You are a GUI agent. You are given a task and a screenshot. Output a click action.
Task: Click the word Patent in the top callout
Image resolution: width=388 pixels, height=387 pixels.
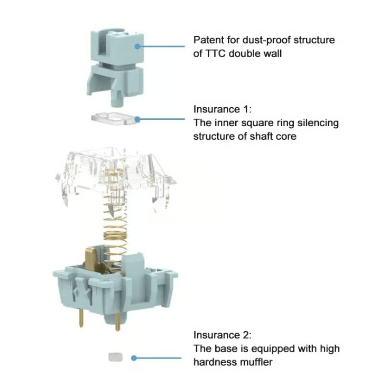pos(208,40)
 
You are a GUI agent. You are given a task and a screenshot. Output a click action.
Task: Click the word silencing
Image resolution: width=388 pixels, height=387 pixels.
pos(317,123)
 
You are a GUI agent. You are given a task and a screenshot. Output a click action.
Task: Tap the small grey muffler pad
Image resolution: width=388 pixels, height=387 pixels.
pos(114,357)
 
